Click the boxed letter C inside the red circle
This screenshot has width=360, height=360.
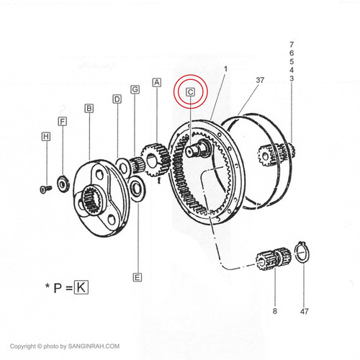[x=190, y=92]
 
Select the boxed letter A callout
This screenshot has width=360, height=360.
[x=157, y=83]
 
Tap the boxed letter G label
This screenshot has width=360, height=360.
[x=135, y=89]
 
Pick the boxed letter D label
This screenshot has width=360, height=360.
[x=117, y=99]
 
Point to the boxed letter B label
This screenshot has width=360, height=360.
[x=89, y=109]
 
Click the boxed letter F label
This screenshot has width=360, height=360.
[x=63, y=122]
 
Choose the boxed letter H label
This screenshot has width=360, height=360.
[x=46, y=137]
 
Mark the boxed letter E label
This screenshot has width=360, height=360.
[x=137, y=277]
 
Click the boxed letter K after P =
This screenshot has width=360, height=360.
[x=81, y=287]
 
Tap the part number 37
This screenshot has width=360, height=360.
[x=260, y=80]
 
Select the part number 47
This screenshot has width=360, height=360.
[x=304, y=312]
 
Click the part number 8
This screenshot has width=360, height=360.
[x=275, y=311]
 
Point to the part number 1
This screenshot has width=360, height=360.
[x=225, y=69]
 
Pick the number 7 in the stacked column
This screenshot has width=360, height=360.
[x=292, y=45]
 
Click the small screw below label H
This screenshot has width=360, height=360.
[x=45, y=189]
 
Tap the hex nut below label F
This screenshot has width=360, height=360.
[x=63, y=184]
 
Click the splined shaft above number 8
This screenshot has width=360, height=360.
[x=274, y=258]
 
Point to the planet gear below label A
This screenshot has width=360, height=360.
[x=156, y=160]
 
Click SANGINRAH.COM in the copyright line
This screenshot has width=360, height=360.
[x=94, y=346]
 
